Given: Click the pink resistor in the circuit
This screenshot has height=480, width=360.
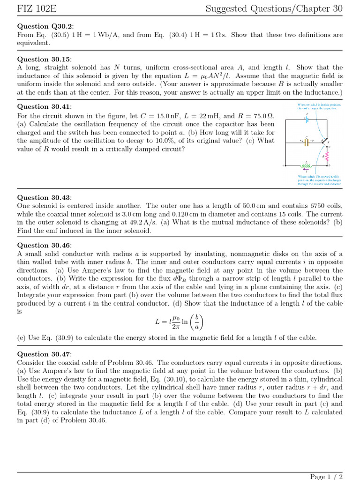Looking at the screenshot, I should (x=323, y=153).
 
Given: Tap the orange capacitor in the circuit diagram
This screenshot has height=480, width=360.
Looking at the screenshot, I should (x=307, y=141).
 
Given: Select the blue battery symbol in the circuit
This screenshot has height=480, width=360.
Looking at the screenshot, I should (x=307, y=119).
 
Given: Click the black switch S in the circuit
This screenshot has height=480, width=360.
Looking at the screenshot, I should (x=324, y=140).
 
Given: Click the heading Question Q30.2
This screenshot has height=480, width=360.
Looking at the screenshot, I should (x=45, y=26).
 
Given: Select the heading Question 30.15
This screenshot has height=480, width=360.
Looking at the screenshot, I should (x=44, y=59).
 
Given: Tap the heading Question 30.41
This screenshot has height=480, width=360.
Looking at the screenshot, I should (x=44, y=107).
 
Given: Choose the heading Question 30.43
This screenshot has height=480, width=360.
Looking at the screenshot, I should (x=44, y=197).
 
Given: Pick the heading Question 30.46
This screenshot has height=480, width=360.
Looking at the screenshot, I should (x=44, y=245).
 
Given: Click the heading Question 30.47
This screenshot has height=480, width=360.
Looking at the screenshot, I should (x=44, y=354).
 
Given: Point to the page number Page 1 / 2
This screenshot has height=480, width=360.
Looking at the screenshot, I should (x=326, y=476).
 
